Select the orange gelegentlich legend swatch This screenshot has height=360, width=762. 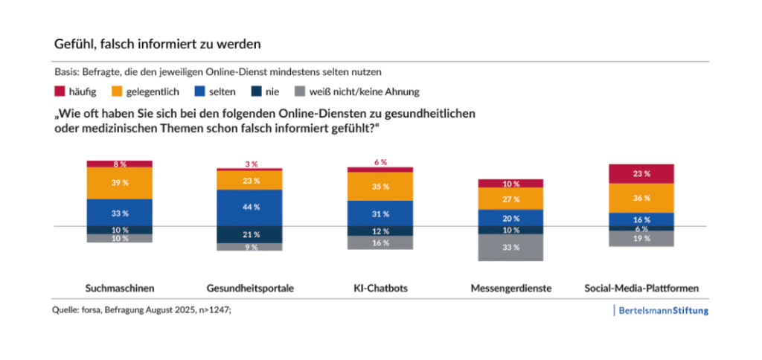coord(117,91)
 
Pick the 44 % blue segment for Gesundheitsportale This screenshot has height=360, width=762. coord(250,208)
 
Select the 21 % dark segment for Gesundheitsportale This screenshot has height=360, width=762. coord(250,234)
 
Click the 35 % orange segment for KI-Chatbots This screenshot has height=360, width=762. coord(380,187)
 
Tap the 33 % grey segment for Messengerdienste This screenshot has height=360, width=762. coord(510,248)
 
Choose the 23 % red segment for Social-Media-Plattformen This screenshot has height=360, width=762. coord(641,173)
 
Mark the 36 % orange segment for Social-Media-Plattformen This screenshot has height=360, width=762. coord(641,198)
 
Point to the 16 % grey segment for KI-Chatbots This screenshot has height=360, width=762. coord(380,243)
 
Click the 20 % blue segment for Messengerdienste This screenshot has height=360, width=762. coord(510,218)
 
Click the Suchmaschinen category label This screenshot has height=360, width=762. coord(119,287)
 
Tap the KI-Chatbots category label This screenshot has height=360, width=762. coord(380,287)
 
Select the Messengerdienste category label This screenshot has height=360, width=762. coord(510,287)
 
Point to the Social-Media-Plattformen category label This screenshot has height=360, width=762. coord(641,287)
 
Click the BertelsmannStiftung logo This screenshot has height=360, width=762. coord(663,310)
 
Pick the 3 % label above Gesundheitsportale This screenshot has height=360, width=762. coord(251,164)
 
